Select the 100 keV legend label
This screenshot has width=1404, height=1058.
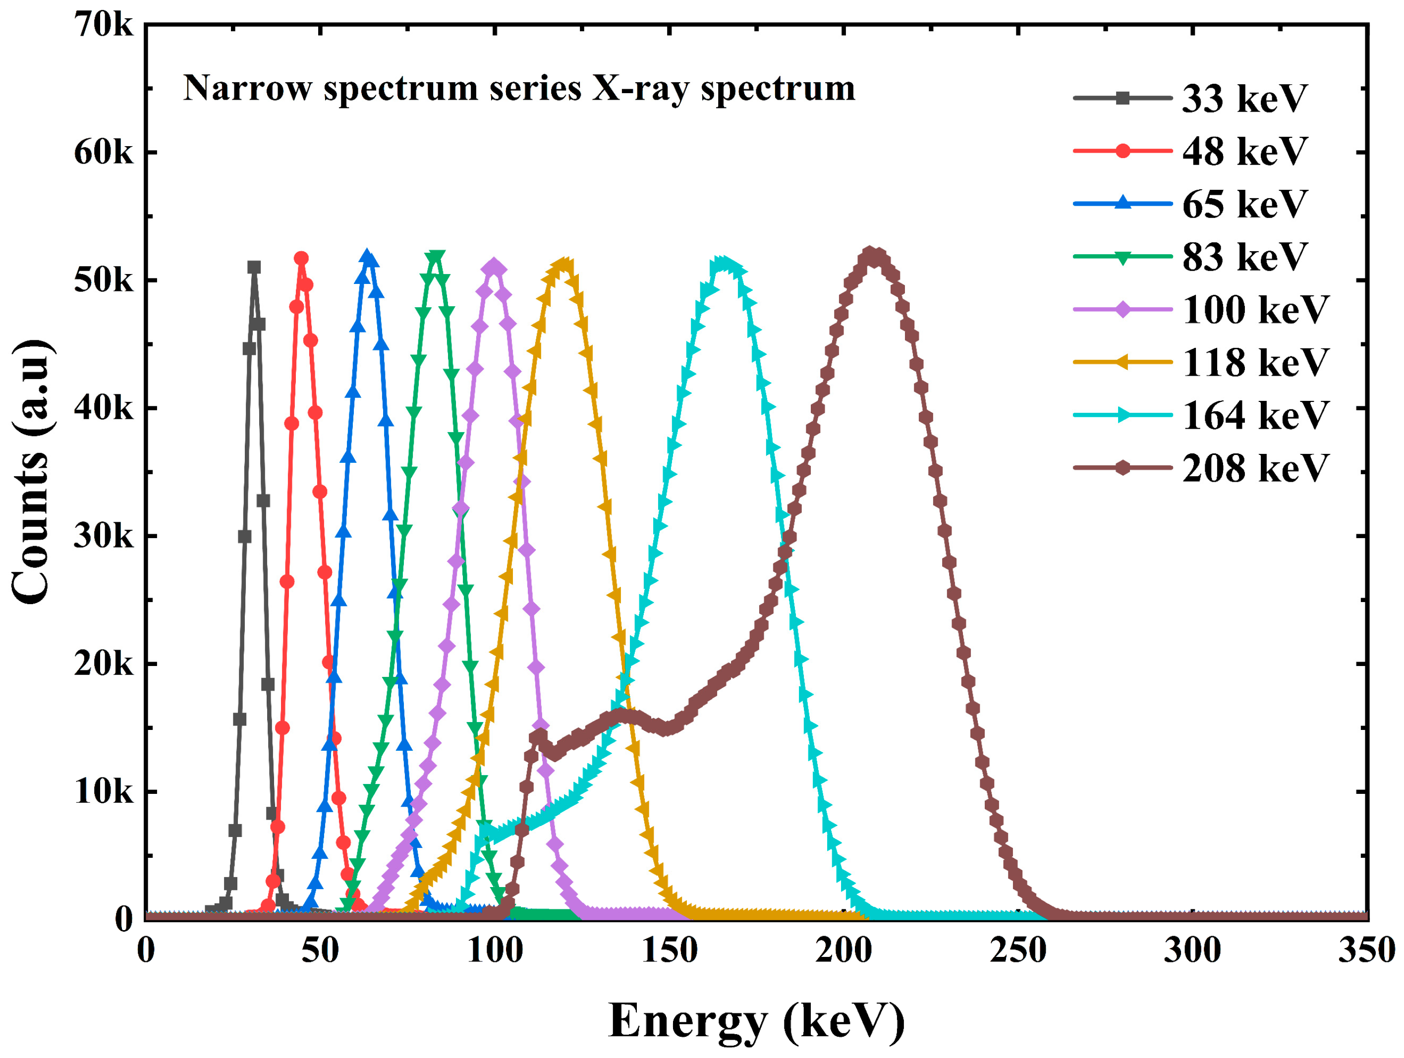pos(1254,310)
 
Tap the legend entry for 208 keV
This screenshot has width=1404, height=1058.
pos(1254,468)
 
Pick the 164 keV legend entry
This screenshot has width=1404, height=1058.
pos(1254,416)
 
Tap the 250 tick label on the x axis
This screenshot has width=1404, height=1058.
pos(1017,950)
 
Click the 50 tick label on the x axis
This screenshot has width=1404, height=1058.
pos(320,950)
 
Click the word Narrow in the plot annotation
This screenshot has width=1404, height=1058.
pos(247,88)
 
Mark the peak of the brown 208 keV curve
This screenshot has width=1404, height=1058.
pos(873,255)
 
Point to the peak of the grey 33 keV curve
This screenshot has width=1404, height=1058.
pos(254,267)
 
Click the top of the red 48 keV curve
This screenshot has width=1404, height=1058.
pos(301,258)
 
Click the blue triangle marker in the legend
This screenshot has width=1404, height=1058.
pos(1122,203)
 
